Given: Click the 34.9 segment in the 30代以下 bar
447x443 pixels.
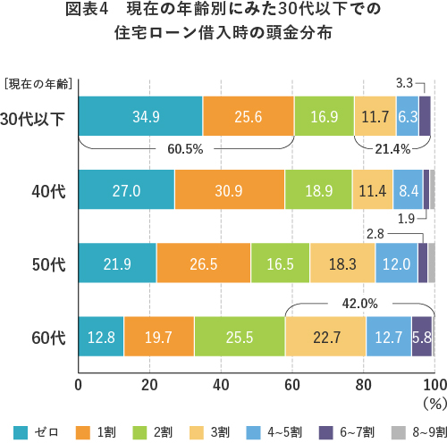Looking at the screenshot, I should [x=140, y=116].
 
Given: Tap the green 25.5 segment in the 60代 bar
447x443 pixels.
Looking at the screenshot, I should [x=239, y=337].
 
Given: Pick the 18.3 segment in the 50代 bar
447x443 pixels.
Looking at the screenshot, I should [x=342, y=263].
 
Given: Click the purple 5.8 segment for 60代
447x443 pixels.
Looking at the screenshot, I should [x=422, y=337].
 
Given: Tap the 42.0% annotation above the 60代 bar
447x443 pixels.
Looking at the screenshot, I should [x=359, y=302].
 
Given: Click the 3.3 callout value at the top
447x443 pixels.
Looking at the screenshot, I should [x=403, y=82].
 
